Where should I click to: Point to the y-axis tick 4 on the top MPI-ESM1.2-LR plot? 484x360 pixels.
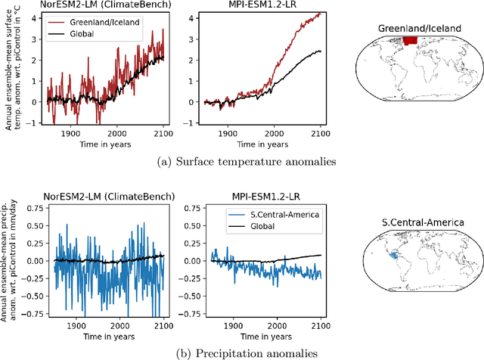(x=193, y=16)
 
